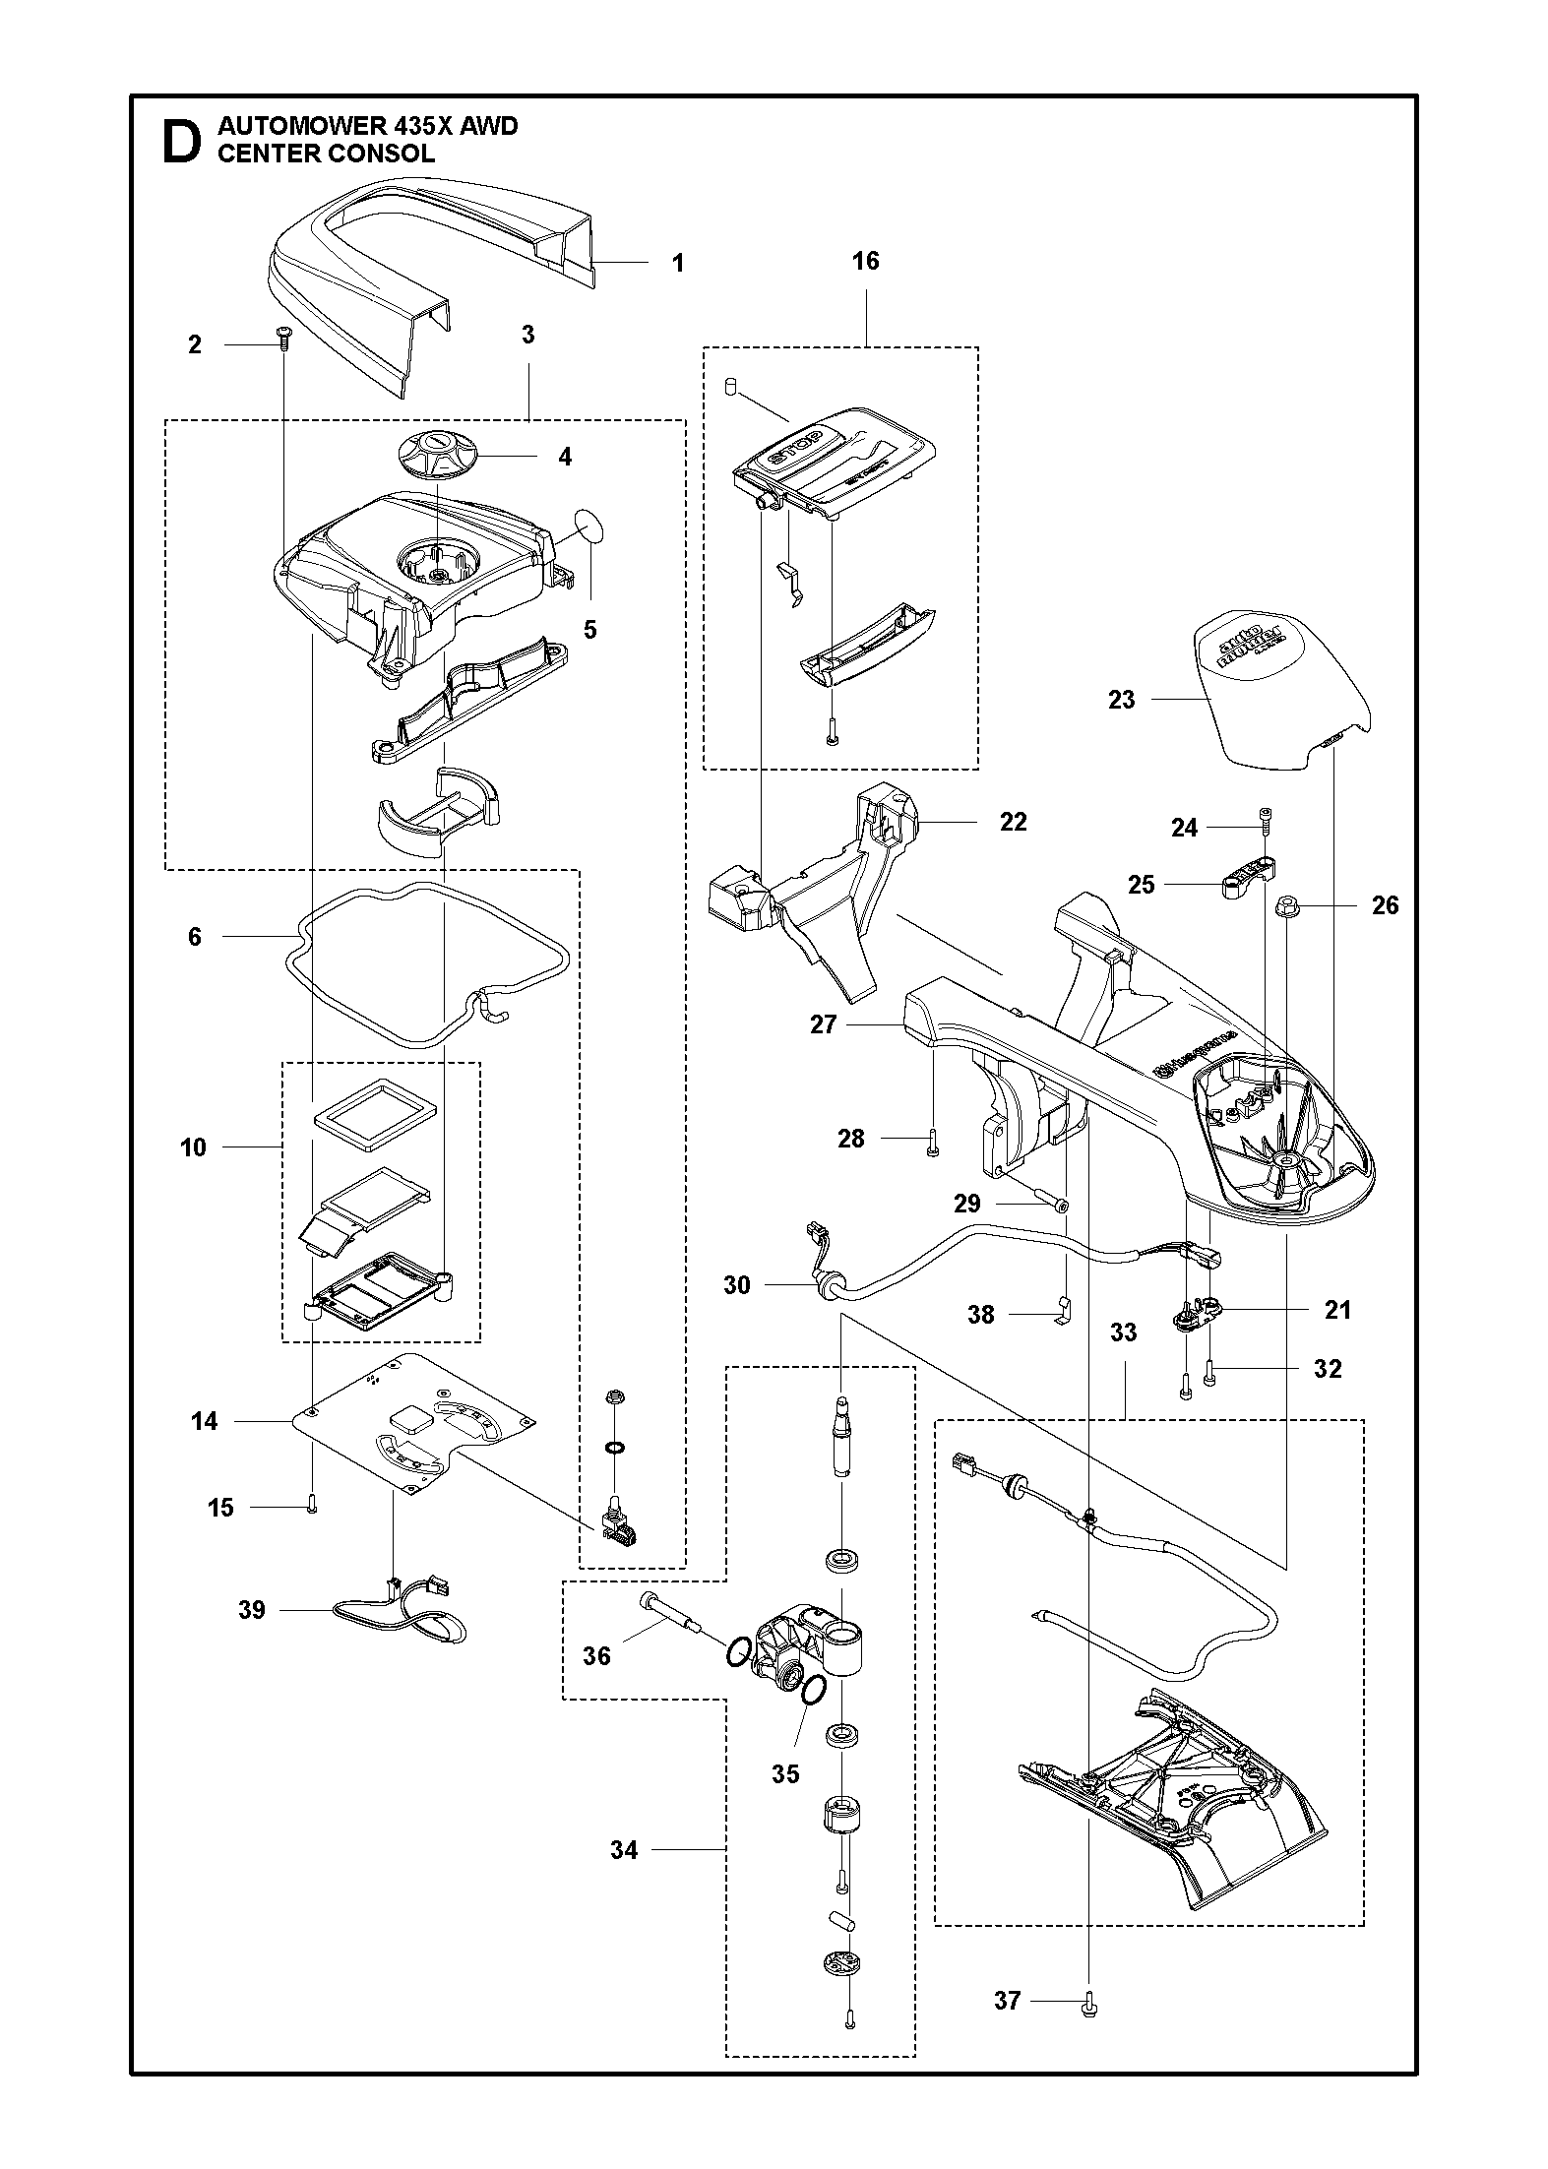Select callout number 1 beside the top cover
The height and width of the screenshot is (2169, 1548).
(677, 263)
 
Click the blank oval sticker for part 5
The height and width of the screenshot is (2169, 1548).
(590, 527)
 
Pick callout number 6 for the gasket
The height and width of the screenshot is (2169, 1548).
(195, 936)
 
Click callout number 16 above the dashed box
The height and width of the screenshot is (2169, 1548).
(865, 261)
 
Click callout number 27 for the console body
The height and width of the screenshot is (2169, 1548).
(823, 1024)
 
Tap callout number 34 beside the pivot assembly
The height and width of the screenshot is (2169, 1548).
(624, 1850)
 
